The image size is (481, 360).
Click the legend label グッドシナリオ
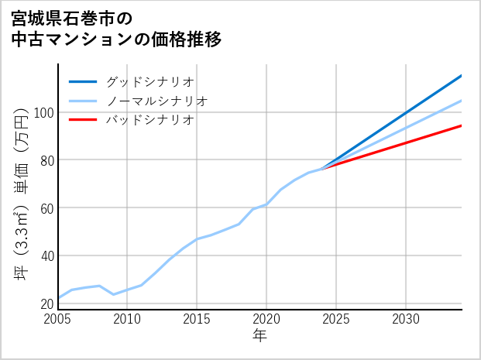[149, 81]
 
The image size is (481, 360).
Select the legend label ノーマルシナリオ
[156, 101]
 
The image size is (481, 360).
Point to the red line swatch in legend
[83, 120]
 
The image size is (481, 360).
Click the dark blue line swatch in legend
[83, 81]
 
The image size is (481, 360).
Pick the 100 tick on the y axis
[44, 112]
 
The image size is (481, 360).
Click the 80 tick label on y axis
[46, 160]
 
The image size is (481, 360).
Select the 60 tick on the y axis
[46, 208]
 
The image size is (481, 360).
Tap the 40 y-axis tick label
[46, 255]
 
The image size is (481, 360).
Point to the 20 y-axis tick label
[46, 303]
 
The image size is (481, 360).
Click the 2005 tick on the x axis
[58, 319]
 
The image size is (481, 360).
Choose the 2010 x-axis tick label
[128, 319]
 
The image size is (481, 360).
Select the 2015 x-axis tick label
[197, 319]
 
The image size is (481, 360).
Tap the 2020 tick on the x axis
[266, 319]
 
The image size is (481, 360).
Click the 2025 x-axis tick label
[336, 319]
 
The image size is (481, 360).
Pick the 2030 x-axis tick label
[405, 319]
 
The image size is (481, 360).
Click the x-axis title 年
[259, 336]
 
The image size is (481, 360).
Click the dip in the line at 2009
[114, 294]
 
